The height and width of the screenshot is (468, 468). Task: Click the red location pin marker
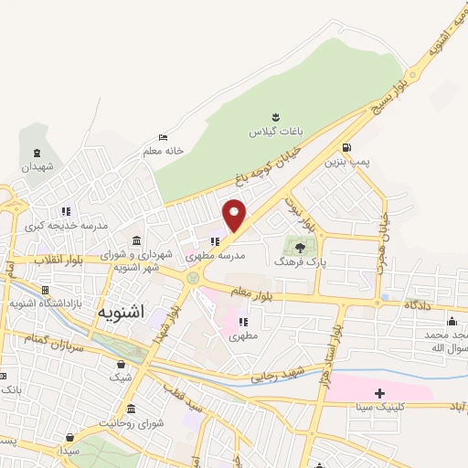pyautogui.click(x=236, y=214)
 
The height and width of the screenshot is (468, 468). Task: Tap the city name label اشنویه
pyautogui.click(x=119, y=312)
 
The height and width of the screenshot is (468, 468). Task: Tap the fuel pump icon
pyautogui.click(x=346, y=147)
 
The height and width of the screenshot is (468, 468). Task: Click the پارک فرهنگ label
pyautogui.click(x=299, y=261)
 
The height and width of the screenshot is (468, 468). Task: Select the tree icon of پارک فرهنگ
pyautogui.click(x=299, y=245)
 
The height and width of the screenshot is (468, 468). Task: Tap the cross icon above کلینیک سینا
pyautogui.click(x=379, y=393)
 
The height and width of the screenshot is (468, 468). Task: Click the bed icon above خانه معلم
pyautogui.click(x=163, y=137)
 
